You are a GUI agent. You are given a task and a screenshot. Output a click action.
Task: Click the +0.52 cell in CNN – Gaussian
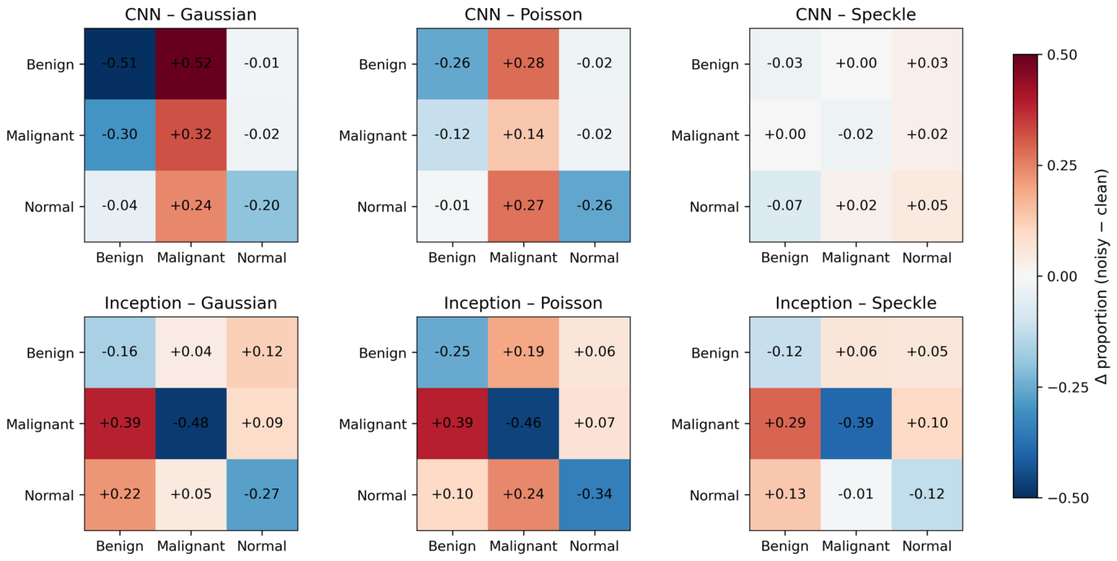tap(191, 64)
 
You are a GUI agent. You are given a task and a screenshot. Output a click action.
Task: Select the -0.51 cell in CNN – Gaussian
tap(120, 64)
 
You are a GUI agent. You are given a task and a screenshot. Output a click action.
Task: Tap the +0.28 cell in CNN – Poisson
tap(524, 64)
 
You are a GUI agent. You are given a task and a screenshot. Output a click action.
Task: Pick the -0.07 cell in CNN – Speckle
tap(785, 206)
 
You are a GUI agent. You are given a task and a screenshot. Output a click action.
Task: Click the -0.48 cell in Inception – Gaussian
tap(191, 423)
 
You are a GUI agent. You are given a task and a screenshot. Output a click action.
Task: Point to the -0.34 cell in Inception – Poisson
tap(595, 494)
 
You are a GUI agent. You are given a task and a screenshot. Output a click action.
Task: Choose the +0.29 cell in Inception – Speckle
tap(785, 423)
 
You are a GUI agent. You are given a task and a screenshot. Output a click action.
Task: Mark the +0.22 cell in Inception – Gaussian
tap(120, 494)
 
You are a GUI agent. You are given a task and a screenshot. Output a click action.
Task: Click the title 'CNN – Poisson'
tap(524, 15)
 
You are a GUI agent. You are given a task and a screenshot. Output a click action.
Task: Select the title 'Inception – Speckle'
tap(856, 303)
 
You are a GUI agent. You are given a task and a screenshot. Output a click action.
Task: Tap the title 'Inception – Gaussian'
tap(191, 303)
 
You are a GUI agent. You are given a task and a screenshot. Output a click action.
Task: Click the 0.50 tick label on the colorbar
tap(1062, 55)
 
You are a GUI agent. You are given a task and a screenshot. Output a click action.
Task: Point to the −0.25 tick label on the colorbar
tap(1068, 388)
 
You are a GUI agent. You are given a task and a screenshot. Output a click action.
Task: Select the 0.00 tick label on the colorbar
tap(1062, 276)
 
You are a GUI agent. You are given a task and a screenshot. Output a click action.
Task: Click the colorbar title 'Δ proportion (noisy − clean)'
tap(1102, 277)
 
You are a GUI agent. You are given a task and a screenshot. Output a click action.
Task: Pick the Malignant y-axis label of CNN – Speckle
tap(705, 136)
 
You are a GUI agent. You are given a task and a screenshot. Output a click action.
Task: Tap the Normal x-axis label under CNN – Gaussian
tap(262, 258)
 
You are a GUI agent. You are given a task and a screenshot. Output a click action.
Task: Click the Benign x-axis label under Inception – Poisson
tap(452, 546)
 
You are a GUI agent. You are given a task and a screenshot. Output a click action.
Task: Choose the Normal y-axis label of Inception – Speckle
tap(714, 496)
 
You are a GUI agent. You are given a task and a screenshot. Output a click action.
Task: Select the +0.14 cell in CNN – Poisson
tap(524, 135)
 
